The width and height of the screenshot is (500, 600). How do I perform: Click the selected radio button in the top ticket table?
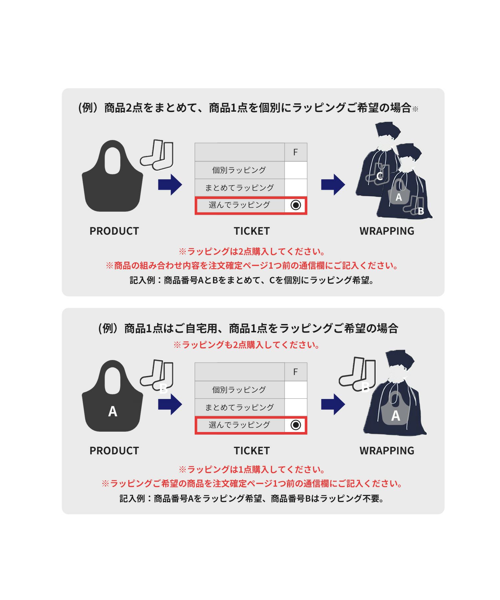296,205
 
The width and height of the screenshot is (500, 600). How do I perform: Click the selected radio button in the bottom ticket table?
296,425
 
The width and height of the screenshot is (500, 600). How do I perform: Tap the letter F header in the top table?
295,152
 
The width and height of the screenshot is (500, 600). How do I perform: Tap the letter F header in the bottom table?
295,372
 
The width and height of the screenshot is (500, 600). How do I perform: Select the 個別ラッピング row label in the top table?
239,170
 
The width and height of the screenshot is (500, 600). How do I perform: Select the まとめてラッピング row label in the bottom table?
239,407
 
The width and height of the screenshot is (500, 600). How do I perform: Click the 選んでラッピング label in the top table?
239,205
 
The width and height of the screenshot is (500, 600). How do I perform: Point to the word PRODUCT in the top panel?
114,231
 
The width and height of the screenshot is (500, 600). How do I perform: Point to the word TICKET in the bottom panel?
252,451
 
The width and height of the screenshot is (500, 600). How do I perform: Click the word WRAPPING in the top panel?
387,231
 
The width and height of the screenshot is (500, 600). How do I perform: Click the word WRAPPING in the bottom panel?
387,451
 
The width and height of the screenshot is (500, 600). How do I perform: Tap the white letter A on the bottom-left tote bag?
113,411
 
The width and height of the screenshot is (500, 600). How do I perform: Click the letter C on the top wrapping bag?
379,176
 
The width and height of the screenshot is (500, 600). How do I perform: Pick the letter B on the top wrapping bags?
421,211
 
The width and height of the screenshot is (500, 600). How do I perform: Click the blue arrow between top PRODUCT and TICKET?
170,184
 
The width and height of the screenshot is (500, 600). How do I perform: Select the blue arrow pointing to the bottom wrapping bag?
333,404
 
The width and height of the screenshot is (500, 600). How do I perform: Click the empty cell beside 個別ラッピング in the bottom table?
296,390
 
